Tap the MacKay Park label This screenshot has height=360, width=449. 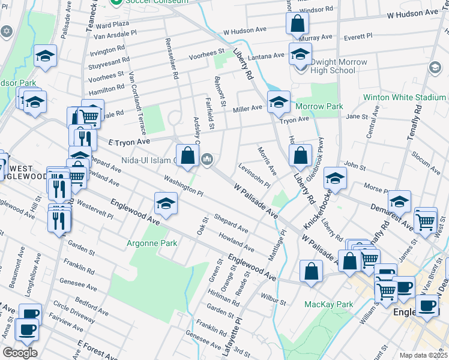(328, 304)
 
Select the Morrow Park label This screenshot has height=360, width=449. (319, 106)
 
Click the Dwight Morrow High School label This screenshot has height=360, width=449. (326, 66)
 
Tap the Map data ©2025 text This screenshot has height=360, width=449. (423, 355)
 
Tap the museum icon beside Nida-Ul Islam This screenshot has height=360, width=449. (207, 158)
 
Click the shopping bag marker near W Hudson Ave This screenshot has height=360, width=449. (297, 24)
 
